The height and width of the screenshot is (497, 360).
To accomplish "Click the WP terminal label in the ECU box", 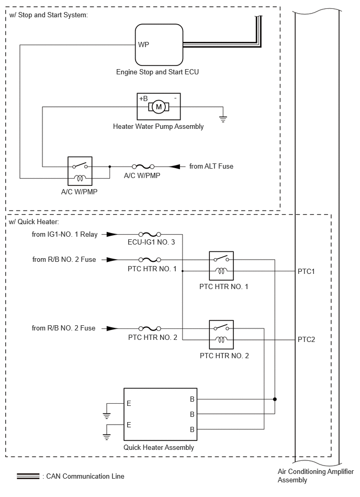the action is pyautogui.click(x=143, y=45).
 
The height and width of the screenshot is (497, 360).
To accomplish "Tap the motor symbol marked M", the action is pyautogui.click(x=159, y=107).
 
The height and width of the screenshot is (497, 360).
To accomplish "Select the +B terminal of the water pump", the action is pyautogui.click(x=143, y=98).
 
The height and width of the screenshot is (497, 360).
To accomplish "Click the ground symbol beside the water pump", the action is pyautogui.click(x=223, y=119).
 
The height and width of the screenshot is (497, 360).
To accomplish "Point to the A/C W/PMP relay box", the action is pyautogui.click(x=80, y=171).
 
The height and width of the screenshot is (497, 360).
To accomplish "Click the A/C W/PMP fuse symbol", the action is pyautogui.click(x=143, y=167).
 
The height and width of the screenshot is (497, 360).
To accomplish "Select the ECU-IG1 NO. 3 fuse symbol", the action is pyautogui.click(x=150, y=235).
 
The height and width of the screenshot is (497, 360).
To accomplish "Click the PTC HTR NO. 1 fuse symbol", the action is pyautogui.click(x=150, y=260).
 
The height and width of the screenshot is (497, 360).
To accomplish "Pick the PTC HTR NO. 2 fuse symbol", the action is pyautogui.click(x=150, y=329).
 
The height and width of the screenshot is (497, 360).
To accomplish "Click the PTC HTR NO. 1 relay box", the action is pyautogui.click(x=221, y=266).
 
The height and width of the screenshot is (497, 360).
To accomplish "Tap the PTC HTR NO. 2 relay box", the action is pyautogui.click(x=221, y=335).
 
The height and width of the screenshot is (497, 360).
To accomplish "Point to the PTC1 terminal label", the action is pyautogui.click(x=306, y=272).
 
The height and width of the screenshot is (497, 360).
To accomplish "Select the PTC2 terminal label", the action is pyautogui.click(x=306, y=340).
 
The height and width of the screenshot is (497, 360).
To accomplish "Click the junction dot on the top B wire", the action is pyautogui.click(x=275, y=400).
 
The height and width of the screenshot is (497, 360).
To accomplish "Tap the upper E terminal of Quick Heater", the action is pyautogui.click(x=129, y=403).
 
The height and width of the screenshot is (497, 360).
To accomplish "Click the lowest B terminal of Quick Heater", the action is pyautogui.click(x=192, y=430).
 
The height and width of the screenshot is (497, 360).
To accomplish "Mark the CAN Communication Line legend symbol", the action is pyautogui.click(x=28, y=476).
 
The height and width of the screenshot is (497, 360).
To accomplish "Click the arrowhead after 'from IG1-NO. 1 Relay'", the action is pyautogui.click(x=112, y=235).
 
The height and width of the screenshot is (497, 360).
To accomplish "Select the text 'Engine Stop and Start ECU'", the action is pyautogui.click(x=157, y=72).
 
